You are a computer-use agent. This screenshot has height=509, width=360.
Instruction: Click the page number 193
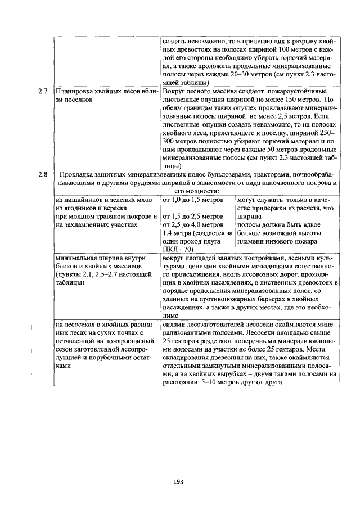[179, 481]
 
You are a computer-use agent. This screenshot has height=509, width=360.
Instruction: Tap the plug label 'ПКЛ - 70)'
[178, 249]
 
